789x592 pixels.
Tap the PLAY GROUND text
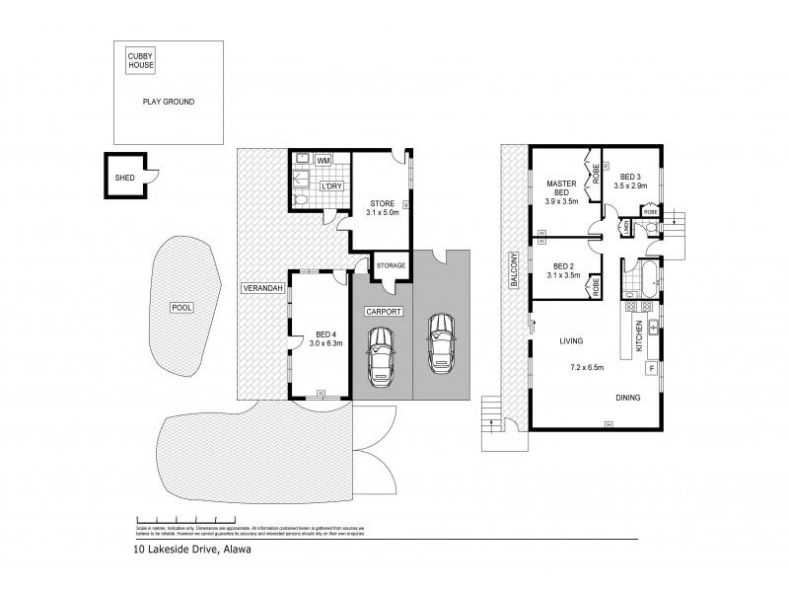(x=168, y=102)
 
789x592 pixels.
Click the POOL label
(x=180, y=307)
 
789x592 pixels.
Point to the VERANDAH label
(x=262, y=288)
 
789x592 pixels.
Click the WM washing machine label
(x=323, y=160)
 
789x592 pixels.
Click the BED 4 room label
(x=319, y=338)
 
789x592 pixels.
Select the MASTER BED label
(x=562, y=188)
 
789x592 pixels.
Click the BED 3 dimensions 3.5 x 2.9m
(x=629, y=185)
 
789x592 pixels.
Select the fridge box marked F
(x=650, y=369)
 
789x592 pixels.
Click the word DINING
(x=628, y=398)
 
